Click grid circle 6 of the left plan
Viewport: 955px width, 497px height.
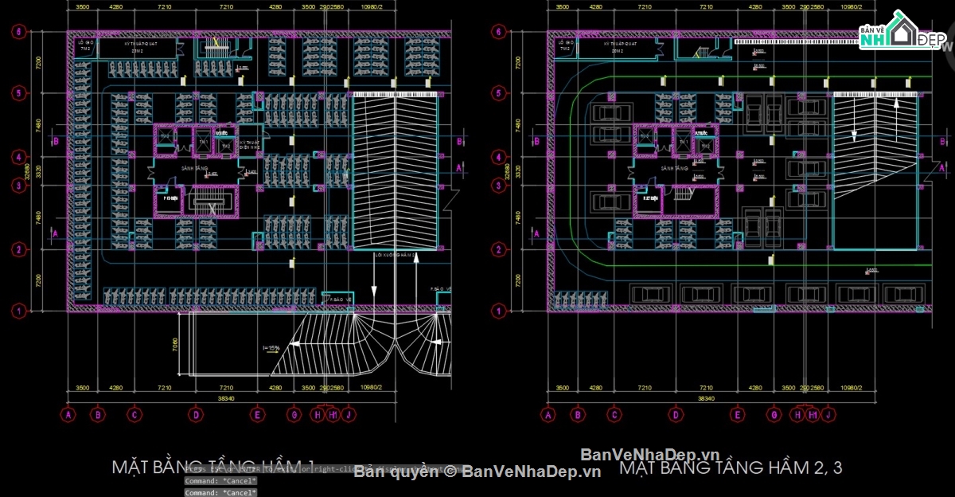[17, 33]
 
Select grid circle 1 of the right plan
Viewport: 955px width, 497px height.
[498, 311]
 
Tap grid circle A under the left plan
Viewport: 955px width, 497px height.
[68, 414]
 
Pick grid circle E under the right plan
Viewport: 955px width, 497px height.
[738, 414]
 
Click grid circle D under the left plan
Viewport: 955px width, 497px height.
[195, 414]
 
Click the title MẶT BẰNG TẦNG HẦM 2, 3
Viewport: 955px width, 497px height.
[730, 468]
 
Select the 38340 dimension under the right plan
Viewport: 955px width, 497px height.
[707, 397]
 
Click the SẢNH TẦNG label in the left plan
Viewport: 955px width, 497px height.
[194, 170]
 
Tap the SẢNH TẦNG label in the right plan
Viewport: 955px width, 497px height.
[673, 170]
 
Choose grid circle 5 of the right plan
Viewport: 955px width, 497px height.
[498, 93]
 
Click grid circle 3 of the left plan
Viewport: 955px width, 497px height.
[17, 186]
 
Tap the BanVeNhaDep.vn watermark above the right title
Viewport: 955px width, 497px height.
[650, 454]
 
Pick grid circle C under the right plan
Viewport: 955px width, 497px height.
[614, 414]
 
